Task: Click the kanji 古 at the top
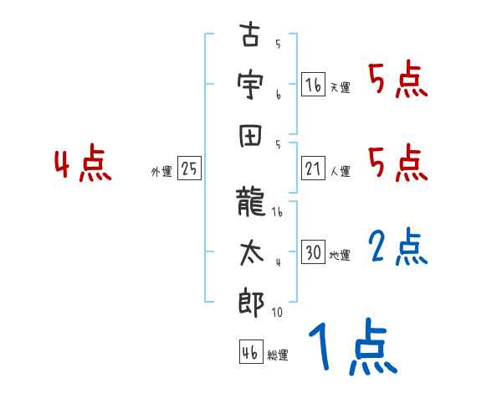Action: pyautogui.click(x=248, y=38)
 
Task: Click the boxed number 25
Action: pyautogui.click(x=189, y=168)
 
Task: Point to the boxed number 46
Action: pyautogui.click(x=249, y=353)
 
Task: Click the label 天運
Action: pyautogui.click(x=340, y=87)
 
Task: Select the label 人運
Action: pyautogui.click(x=340, y=172)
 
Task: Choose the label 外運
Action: pyautogui.click(x=161, y=172)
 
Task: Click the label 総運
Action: pyautogui.click(x=277, y=355)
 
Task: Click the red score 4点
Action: pyautogui.click(x=82, y=165)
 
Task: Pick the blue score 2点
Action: pyautogui.click(x=398, y=247)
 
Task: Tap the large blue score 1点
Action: pyautogui.click(x=350, y=350)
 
